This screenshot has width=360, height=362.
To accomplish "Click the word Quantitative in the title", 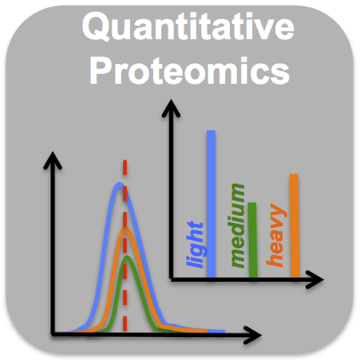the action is pyautogui.click(x=188, y=28).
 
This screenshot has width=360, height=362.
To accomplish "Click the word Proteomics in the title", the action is pyautogui.click(x=190, y=70).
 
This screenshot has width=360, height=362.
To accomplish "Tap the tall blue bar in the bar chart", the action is pyautogui.click(x=211, y=203).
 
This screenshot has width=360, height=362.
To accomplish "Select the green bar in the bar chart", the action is pyautogui.click(x=252, y=240).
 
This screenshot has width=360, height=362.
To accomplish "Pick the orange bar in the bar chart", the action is pyautogui.click(x=294, y=226).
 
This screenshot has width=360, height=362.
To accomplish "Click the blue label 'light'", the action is pyautogui.click(x=195, y=244).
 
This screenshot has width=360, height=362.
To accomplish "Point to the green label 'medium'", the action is pyautogui.click(x=237, y=226).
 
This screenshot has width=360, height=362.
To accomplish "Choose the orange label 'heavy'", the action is pyautogui.click(x=276, y=234).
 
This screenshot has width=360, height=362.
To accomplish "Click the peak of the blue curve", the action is pyautogui.click(x=119, y=184).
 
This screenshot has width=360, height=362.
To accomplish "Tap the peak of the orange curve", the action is pyautogui.click(x=126, y=229).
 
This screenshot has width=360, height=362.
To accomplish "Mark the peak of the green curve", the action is pyautogui.click(x=127, y=258).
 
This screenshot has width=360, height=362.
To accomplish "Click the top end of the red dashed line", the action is pyautogui.click(x=125, y=160).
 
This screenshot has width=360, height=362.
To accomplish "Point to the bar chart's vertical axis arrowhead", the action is pyautogui.click(x=171, y=108).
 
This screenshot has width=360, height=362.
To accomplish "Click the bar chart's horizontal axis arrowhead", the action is pyautogui.click(x=315, y=279).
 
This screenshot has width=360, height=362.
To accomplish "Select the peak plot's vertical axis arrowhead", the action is pyautogui.click(x=53, y=160).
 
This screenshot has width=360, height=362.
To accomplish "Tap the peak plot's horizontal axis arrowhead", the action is pyautogui.click(x=252, y=335).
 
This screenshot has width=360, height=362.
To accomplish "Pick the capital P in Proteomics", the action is pyautogui.click(x=102, y=70).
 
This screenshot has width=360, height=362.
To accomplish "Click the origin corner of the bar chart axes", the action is pyautogui.click(x=171, y=279).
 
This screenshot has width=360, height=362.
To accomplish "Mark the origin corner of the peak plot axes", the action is pyautogui.click(x=53, y=334).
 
